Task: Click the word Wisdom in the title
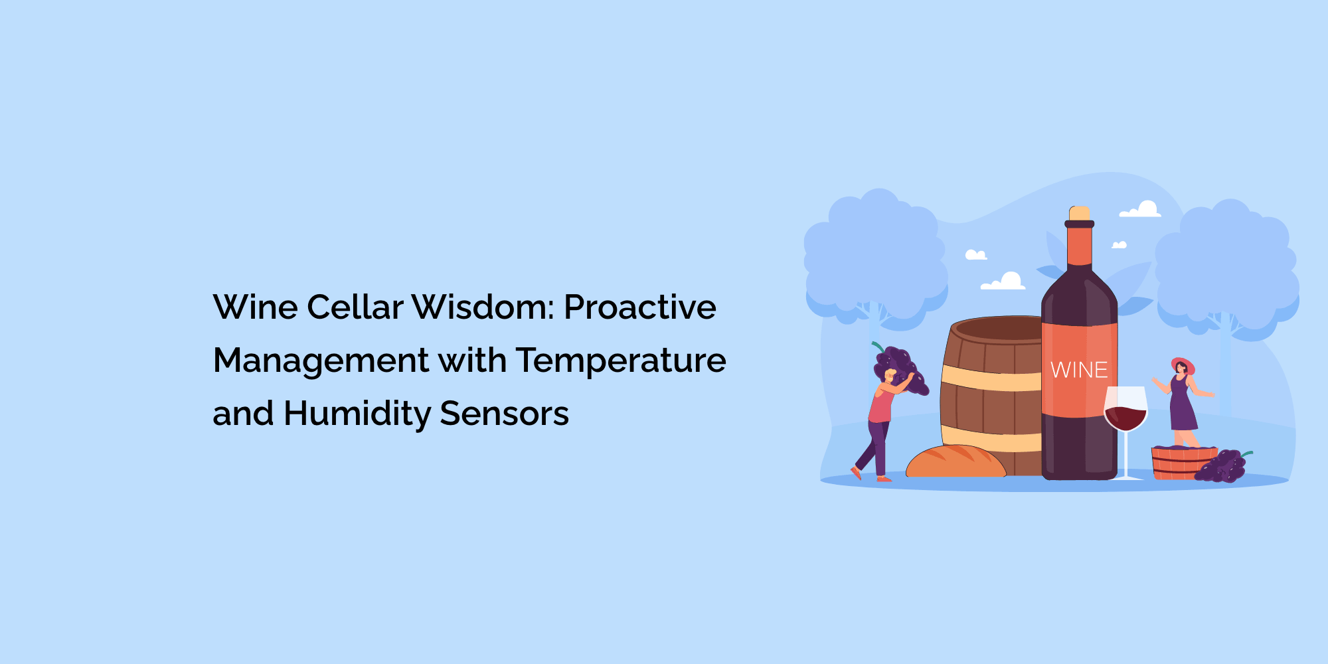point(483,307)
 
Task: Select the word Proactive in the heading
point(640,307)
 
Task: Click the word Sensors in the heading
point(504,414)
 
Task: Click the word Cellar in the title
point(355,307)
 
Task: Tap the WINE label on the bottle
point(1079,370)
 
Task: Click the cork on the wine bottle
point(1079,213)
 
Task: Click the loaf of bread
point(955,461)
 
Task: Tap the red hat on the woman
point(1183,365)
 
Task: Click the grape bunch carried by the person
point(900,370)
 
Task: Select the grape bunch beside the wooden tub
point(1223,465)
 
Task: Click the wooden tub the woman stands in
point(1182,463)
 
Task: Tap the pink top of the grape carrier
point(880,405)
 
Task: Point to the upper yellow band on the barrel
point(991,378)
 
